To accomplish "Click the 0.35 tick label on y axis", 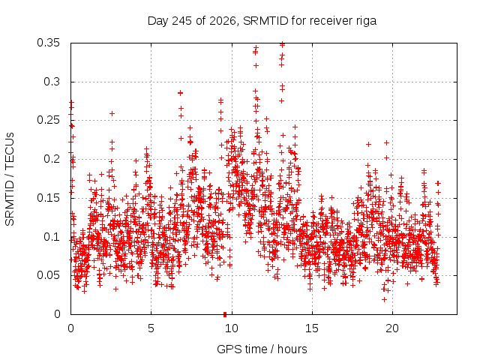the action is [x=48, y=43].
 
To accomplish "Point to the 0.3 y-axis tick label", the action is [x=52, y=82].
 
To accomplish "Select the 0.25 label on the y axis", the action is [x=48, y=120].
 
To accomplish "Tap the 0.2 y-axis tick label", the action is [x=52, y=159].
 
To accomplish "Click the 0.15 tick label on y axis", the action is [x=48, y=198].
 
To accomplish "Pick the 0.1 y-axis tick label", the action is [x=52, y=237].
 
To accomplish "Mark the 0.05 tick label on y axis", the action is [x=48, y=275].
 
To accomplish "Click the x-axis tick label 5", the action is [x=151, y=328].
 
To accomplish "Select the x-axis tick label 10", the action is [x=232, y=328].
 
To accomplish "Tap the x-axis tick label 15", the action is [x=312, y=328].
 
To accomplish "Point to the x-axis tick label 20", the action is [x=392, y=328].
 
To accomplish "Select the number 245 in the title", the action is [x=181, y=21].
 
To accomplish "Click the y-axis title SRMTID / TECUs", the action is [x=10, y=179].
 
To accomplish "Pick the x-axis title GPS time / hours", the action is [x=262, y=349].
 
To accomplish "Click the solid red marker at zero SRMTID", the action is [x=225, y=314].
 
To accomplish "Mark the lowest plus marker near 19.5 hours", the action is [x=385, y=299].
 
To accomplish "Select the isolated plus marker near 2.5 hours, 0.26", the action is [x=112, y=113].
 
